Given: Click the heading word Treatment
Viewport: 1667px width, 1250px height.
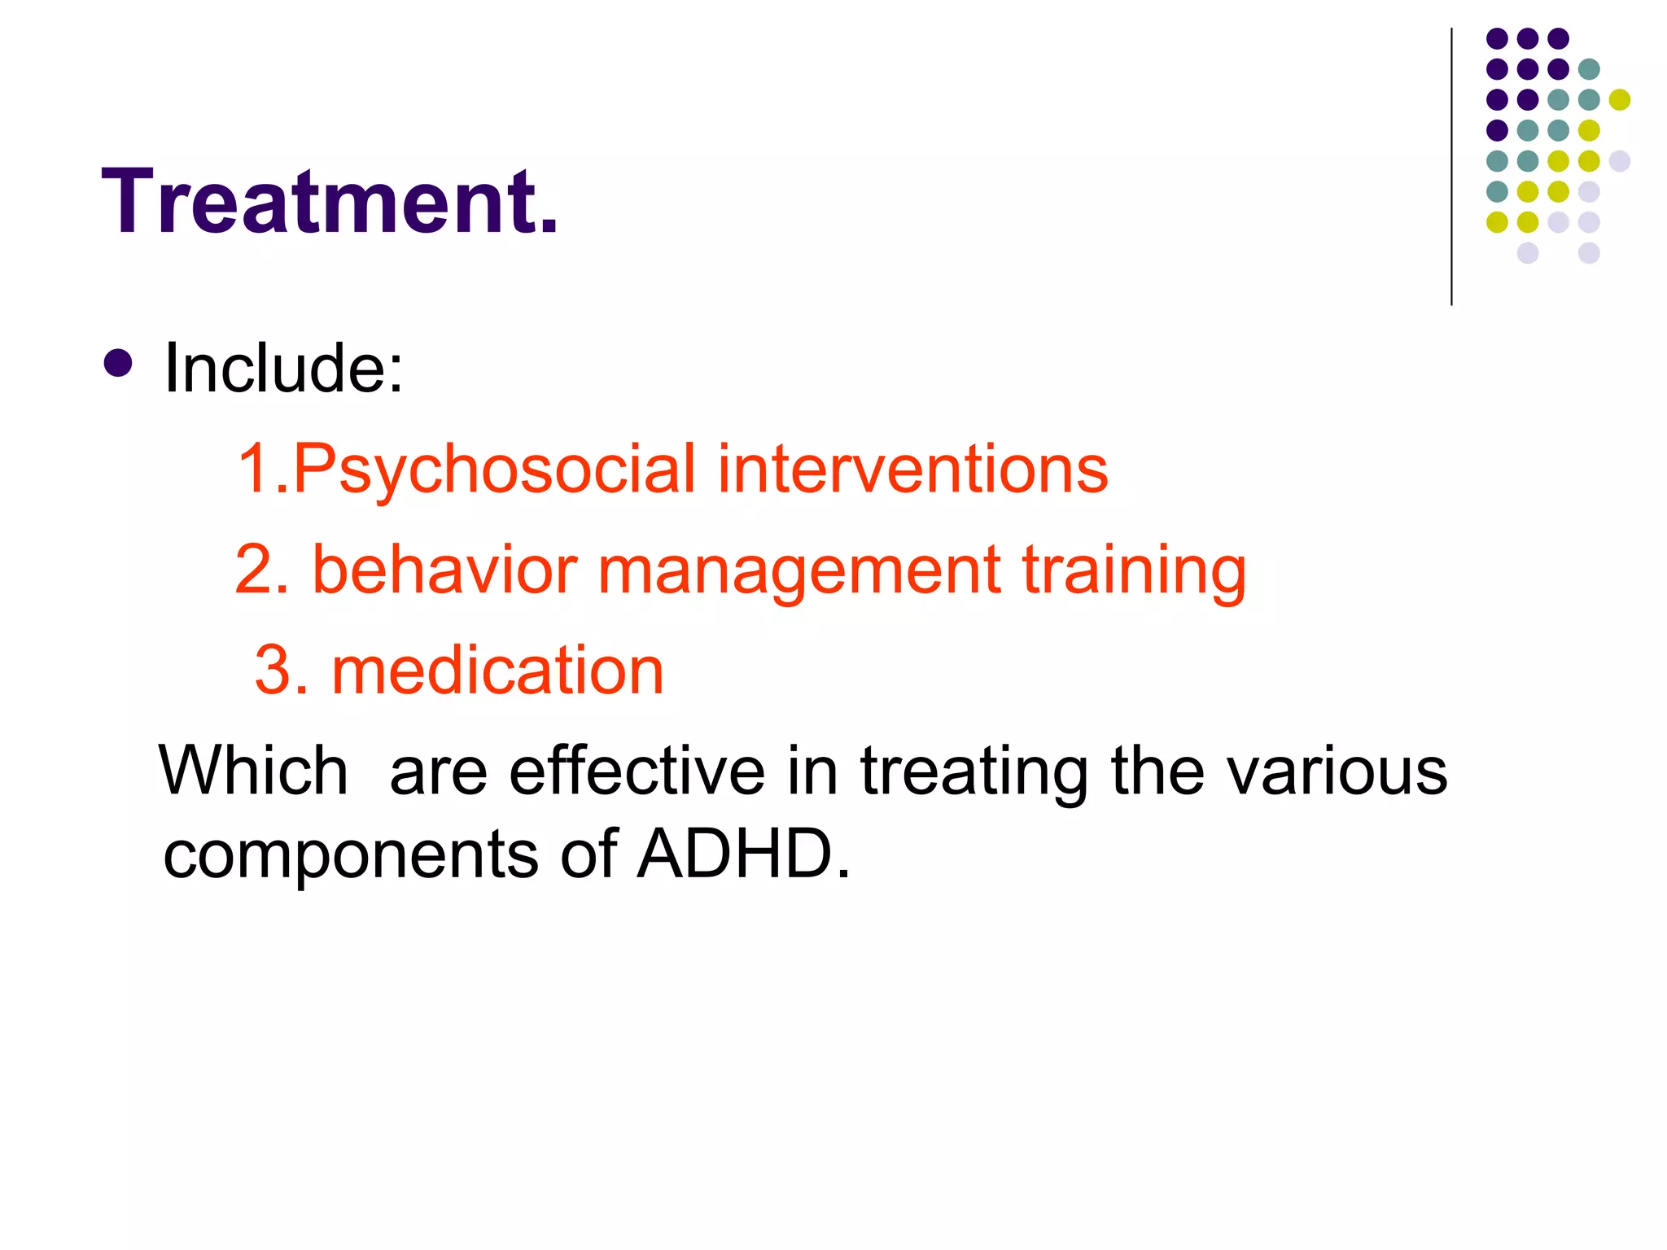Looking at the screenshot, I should click(330, 201).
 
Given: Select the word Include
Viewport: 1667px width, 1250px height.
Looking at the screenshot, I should click(283, 368).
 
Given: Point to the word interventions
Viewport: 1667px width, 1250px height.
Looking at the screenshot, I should click(912, 470).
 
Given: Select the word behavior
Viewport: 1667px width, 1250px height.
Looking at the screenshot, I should click(444, 570).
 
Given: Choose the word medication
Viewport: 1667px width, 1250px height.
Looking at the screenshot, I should click(497, 671).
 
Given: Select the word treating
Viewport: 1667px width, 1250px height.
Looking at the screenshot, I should click(974, 771).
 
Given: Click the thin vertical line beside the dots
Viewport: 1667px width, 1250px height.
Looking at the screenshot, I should click(1451, 167).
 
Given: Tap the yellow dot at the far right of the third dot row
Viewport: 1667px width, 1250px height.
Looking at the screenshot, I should click(1620, 99).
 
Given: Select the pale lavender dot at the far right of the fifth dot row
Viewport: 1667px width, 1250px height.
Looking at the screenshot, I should click(1620, 160).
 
